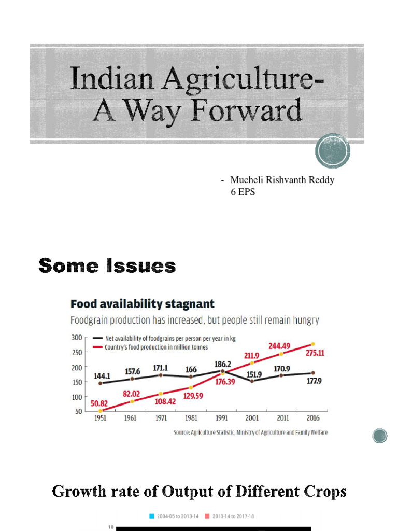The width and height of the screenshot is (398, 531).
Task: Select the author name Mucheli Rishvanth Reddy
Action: click(282, 180)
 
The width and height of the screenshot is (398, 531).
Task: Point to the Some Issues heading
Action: click(107, 266)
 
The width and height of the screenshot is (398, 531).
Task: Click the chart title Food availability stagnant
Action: click(143, 303)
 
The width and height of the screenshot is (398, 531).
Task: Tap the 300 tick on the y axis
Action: click(77, 337)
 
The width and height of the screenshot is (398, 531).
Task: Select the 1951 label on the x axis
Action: click(100, 418)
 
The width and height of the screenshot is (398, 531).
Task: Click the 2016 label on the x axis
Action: click(312, 418)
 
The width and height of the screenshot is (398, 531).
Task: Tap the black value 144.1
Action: click(101, 375)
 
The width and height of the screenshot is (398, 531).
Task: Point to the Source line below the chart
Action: click(250, 432)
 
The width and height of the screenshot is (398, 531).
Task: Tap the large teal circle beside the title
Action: click(332, 150)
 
